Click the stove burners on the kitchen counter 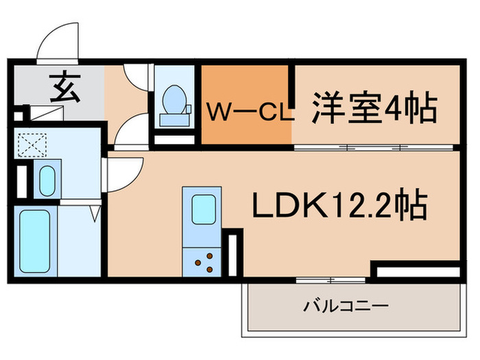[x=203, y=261]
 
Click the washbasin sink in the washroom [x=47, y=180]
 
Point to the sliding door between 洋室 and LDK [x=374, y=147]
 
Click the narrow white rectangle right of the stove [x=233, y=254]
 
